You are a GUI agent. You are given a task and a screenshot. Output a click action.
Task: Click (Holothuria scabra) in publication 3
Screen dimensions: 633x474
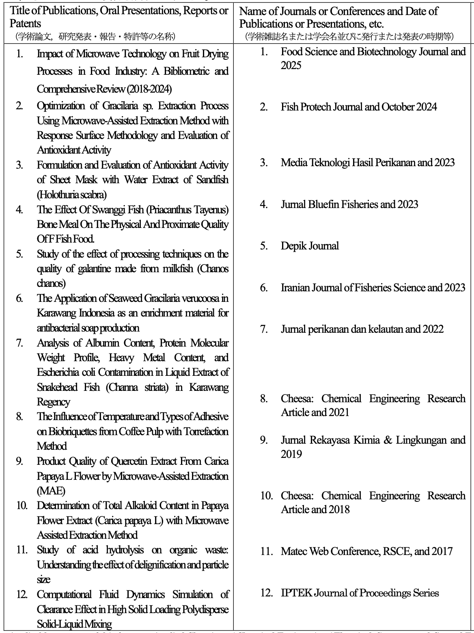point(72,195)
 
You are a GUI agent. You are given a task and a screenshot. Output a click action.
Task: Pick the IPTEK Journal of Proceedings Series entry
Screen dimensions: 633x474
point(360,593)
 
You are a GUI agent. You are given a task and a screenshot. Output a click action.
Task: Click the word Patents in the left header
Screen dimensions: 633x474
point(26,23)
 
